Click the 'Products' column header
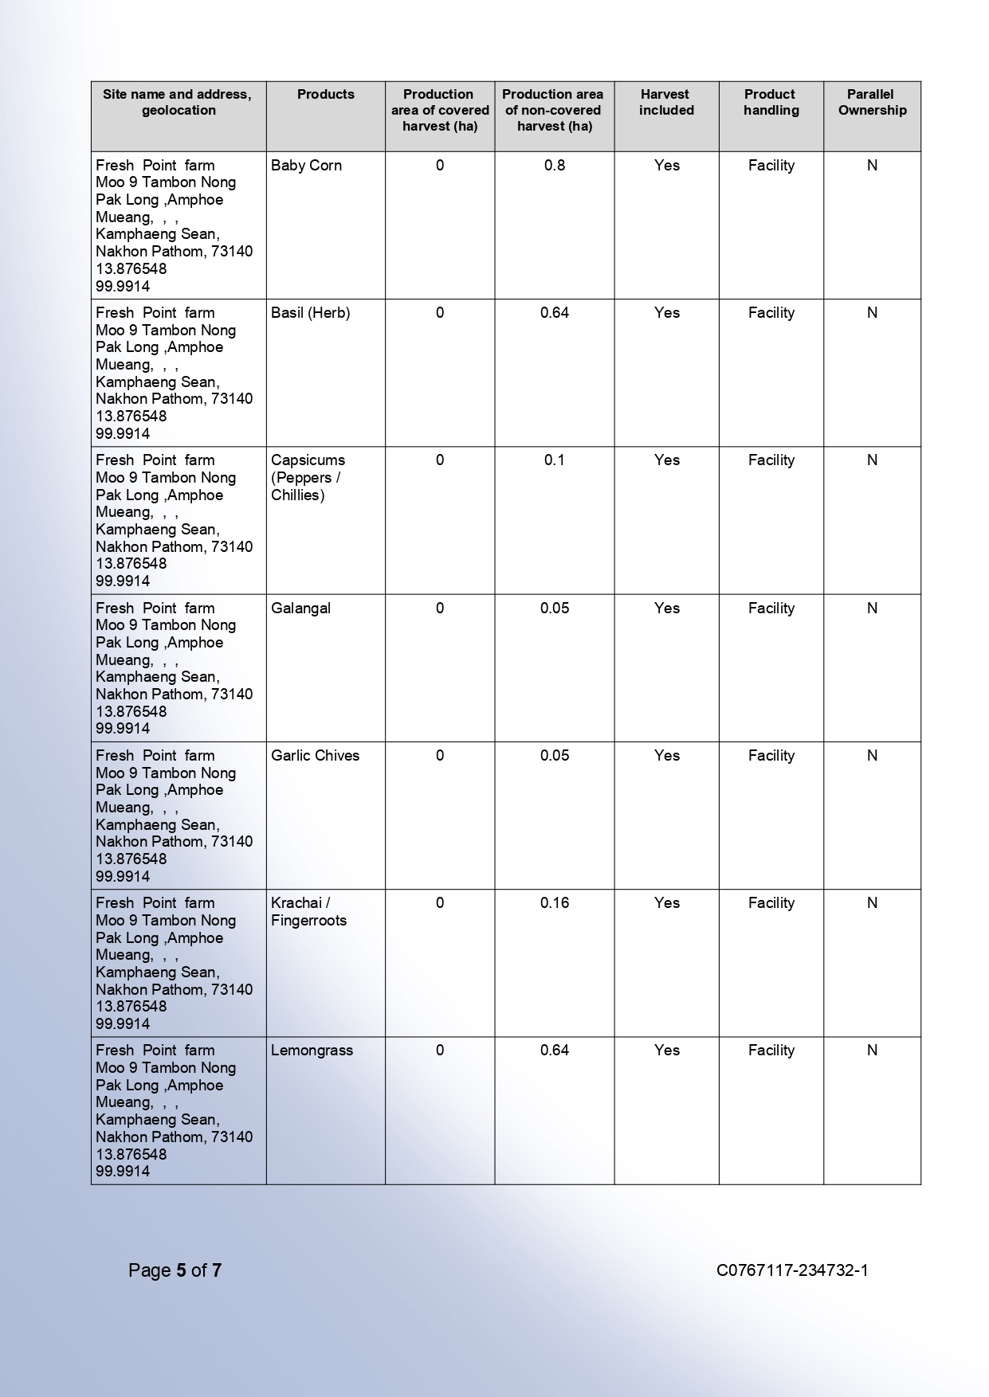(325, 94)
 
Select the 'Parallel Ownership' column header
(872, 102)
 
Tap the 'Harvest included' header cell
(666, 102)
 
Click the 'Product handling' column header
(771, 102)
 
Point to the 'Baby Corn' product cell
(306, 166)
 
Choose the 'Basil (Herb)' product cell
(310, 313)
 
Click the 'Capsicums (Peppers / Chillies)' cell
(308, 477)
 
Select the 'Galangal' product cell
(300, 608)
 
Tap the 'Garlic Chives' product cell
(315, 756)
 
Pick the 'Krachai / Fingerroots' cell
(308, 911)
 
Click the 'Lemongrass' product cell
(312, 1051)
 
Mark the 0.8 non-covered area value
(554, 166)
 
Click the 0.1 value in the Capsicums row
(554, 460)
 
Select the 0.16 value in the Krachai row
(554, 903)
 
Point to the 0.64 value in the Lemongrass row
(554, 1051)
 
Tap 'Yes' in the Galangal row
(666, 608)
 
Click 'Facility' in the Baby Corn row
(771, 166)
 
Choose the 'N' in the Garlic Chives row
(872, 756)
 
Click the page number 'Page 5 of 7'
(175, 1270)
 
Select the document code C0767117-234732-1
(791, 1270)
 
